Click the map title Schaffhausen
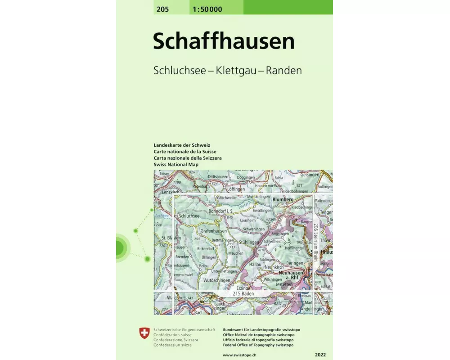(x=224, y=41)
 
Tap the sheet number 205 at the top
(x=163, y=9)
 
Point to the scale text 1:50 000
(x=207, y=9)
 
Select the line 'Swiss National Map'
(x=176, y=165)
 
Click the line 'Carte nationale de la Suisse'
(x=185, y=152)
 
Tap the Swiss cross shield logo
(x=144, y=333)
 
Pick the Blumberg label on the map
(x=283, y=199)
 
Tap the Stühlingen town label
(x=249, y=242)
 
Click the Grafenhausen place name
(x=214, y=230)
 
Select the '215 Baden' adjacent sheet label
(x=243, y=294)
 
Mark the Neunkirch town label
(x=273, y=267)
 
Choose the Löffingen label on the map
(x=236, y=189)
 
